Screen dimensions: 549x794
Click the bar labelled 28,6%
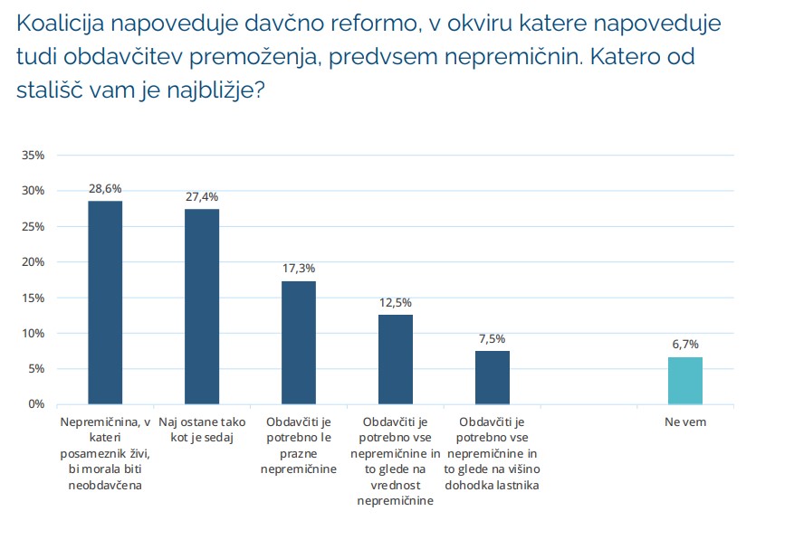tap(105, 302)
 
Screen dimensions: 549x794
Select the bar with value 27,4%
tap(202, 307)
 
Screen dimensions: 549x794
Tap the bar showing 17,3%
tap(299, 343)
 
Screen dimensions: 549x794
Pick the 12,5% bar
tap(395, 359)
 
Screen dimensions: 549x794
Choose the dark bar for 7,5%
tap(492, 377)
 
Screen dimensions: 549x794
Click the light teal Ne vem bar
tap(684, 380)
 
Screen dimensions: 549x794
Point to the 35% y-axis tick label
tap(33, 156)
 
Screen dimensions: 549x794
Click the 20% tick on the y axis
tap(33, 262)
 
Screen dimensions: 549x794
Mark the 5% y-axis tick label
tap(36, 369)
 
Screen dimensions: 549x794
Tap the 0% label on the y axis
tap(36, 404)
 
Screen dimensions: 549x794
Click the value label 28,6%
tap(105, 189)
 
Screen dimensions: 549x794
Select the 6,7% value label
tap(684, 345)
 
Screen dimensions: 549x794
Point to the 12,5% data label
tap(395, 303)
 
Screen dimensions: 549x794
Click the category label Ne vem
tap(684, 422)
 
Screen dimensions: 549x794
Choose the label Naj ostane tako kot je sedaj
tap(202, 430)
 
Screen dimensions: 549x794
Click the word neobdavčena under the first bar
tap(105, 486)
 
